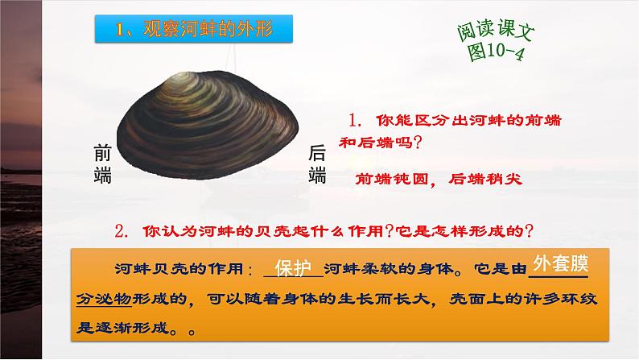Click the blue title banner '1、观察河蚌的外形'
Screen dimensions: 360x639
point(192,30)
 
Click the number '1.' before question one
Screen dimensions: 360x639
point(357,119)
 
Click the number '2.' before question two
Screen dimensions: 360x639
point(123,231)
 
